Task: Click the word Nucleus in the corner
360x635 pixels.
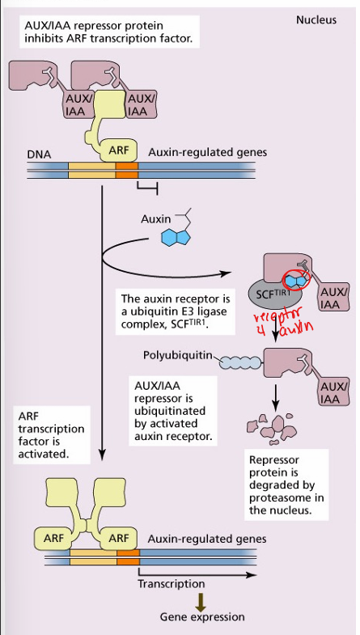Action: pyautogui.click(x=316, y=19)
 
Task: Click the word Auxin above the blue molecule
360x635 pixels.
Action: pyautogui.click(x=157, y=218)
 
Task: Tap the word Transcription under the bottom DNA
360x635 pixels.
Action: pyautogui.click(x=171, y=584)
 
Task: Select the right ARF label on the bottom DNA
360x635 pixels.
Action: pyautogui.click(x=117, y=538)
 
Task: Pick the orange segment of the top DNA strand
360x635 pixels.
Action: pyautogui.click(x=127, y=170)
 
